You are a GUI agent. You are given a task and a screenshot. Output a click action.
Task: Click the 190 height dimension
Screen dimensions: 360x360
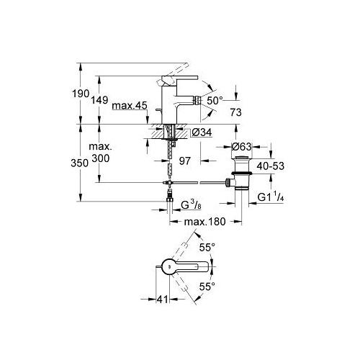[x=81, y=94]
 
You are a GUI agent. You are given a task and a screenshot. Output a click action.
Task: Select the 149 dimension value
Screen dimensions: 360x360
[x=99, y=100]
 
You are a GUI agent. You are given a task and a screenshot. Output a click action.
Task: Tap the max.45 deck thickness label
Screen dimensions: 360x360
[x=130, y=105]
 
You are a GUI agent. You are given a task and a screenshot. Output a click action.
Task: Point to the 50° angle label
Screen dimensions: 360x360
[x=215, y=101]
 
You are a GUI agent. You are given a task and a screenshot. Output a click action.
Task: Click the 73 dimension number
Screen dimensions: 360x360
[x=235, y=112]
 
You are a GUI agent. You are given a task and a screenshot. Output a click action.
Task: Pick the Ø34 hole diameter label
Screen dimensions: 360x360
[x=202, y=132]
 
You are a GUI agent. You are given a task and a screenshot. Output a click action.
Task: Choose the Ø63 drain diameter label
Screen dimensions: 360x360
[x=242, y=146]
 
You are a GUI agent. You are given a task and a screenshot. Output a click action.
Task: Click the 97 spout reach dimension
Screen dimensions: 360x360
[x=185, y=161]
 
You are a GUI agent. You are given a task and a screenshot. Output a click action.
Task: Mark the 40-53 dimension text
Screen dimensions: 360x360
[x=270, y=166]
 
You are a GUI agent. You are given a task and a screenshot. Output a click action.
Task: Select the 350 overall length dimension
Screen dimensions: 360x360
[x=80, y=163]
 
